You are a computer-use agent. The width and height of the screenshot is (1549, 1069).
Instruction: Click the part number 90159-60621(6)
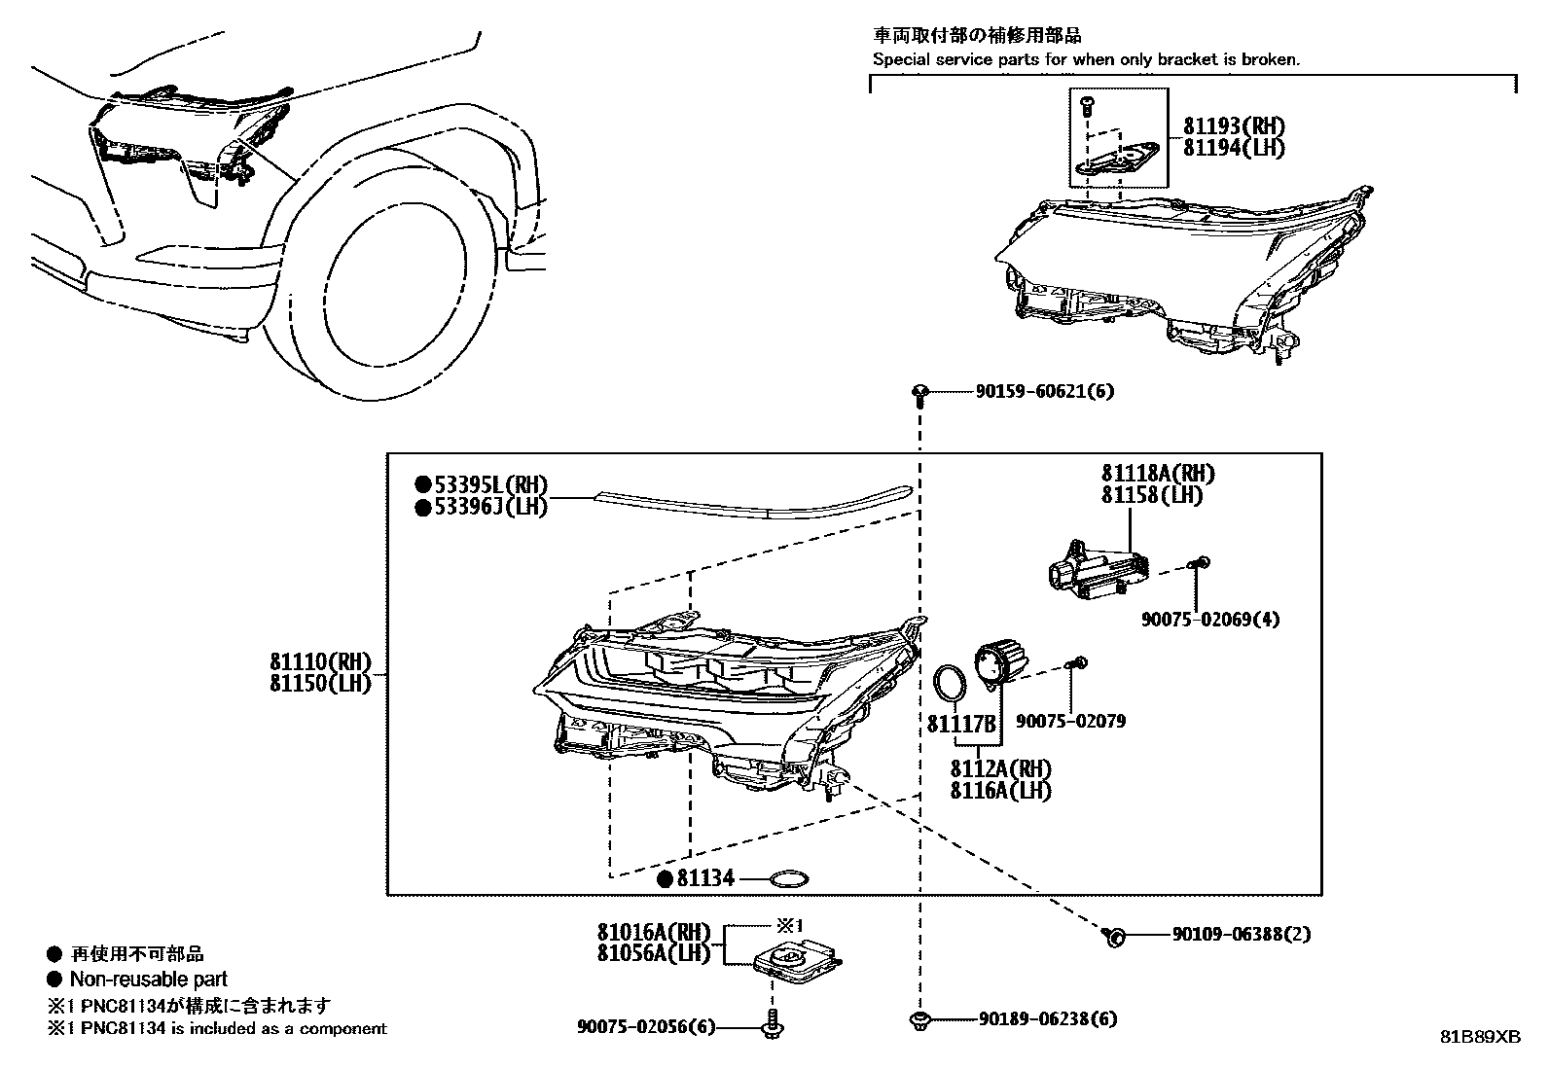1044,392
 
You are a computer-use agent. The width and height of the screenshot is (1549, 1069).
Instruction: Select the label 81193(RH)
1234,126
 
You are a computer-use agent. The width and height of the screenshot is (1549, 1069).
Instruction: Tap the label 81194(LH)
1234,148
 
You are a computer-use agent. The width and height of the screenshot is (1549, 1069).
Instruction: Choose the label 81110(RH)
321,661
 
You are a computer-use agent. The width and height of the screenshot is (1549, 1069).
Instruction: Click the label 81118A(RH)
1158,474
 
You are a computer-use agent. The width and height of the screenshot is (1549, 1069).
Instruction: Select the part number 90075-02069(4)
1210,619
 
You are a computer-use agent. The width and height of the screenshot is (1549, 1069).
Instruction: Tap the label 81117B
961,725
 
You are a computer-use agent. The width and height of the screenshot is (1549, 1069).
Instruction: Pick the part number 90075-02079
1070,722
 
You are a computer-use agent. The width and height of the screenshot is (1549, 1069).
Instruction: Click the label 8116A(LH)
1001,790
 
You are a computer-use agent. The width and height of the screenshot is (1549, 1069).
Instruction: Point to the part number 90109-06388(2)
1241,935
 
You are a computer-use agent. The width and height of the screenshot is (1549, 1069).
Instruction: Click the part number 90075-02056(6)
645,1027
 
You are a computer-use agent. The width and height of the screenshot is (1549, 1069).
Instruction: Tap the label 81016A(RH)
654,933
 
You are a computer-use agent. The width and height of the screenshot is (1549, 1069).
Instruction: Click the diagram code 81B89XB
1480,1037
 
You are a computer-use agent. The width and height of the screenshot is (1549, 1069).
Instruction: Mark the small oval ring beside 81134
788,879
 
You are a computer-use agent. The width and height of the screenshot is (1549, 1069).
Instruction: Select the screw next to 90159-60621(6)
919,393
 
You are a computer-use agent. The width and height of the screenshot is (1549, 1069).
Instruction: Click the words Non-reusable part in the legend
148,980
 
